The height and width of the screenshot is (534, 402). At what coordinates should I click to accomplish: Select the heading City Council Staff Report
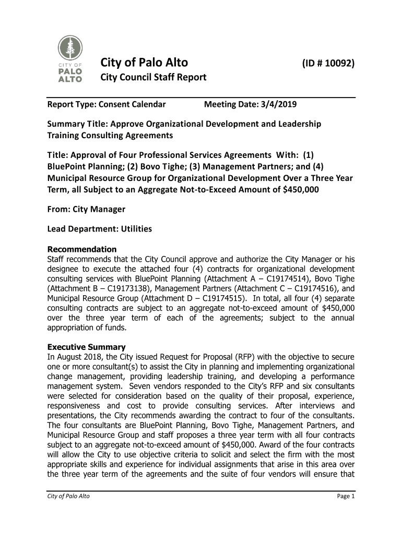(153, 78)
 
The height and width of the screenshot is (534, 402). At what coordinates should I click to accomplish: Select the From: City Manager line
(86, 209)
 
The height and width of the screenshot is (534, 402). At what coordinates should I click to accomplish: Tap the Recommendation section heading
(82, 249)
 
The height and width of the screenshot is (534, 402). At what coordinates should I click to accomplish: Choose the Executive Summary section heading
(87, 347)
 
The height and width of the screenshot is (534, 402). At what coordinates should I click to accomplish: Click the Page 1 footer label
(346, 496)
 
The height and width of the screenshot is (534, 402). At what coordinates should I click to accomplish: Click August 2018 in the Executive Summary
(74, 357)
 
